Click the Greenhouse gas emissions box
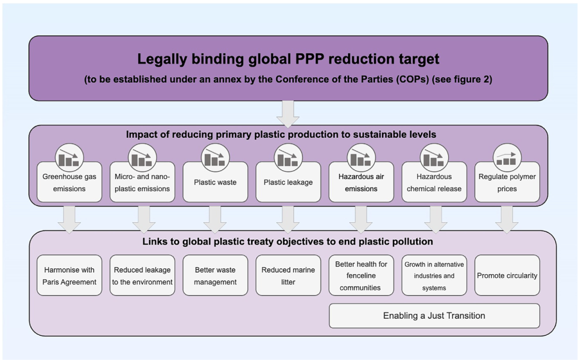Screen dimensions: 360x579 click(69, 182)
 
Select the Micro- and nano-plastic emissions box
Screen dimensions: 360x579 click(142, 182)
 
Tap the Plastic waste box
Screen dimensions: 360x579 click(215, 182)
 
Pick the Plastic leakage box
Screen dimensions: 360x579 click(288, 182)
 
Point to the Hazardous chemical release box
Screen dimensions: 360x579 click(434, 182)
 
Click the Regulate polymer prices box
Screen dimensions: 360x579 click(507, 182)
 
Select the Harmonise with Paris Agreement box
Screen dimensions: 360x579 click(69, 276)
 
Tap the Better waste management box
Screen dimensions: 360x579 click(215, 276)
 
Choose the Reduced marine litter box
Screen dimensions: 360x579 click(288, 276)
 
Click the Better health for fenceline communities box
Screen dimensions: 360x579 click(361, 276)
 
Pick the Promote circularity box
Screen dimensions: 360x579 click(507, 276)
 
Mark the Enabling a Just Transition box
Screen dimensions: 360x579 click(434, 315)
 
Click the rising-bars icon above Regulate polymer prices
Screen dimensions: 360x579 click(507, 157)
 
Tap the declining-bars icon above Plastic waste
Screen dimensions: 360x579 click(215, 157)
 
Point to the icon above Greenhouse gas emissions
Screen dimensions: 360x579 click(69, 157)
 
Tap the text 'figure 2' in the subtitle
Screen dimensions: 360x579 click(470, 80)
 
